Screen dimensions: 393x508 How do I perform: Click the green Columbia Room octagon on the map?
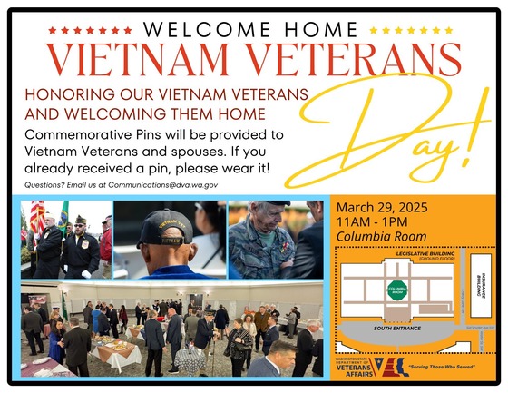pos(397,292)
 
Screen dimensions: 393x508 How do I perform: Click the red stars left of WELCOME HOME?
pos(79,30)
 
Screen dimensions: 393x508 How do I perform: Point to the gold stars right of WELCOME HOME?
pos(399,30)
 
